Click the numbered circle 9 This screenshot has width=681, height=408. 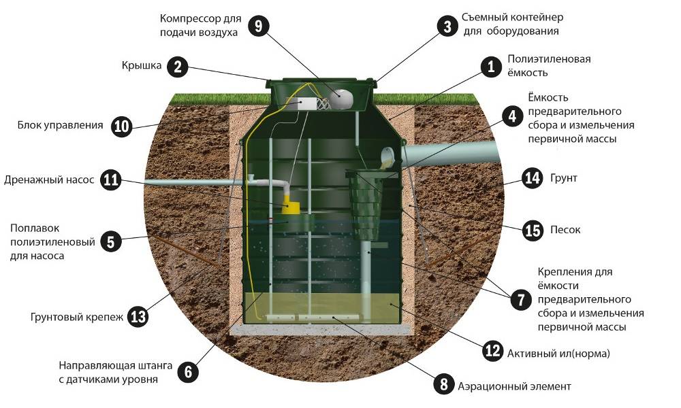[x=259, y=26]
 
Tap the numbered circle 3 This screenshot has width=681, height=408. [x=447, y=27]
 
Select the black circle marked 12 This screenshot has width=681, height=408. [x=492, y=350]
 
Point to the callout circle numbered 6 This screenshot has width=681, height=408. [x=188, y=371]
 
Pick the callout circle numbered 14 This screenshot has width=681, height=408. [x=532, y=177]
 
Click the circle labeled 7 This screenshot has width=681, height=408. [x=521, y=300]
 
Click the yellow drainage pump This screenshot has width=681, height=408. [x=291, y=205]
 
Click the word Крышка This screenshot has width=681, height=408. [x=142, y=65]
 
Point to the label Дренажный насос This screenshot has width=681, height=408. [x=48, y=180]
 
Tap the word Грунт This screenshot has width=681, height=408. [x=564, y=177]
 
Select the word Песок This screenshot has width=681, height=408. [x=565, y=229]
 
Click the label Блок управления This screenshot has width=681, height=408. [x=61, y=125]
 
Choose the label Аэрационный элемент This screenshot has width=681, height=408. [x=514, y=386]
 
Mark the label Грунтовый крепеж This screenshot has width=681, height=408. [x=77, y=317]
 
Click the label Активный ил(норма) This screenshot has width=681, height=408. [x=558, y=354]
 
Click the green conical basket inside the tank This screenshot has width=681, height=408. [x=366, y=204]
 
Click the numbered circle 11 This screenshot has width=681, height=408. [x=111, y=180]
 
